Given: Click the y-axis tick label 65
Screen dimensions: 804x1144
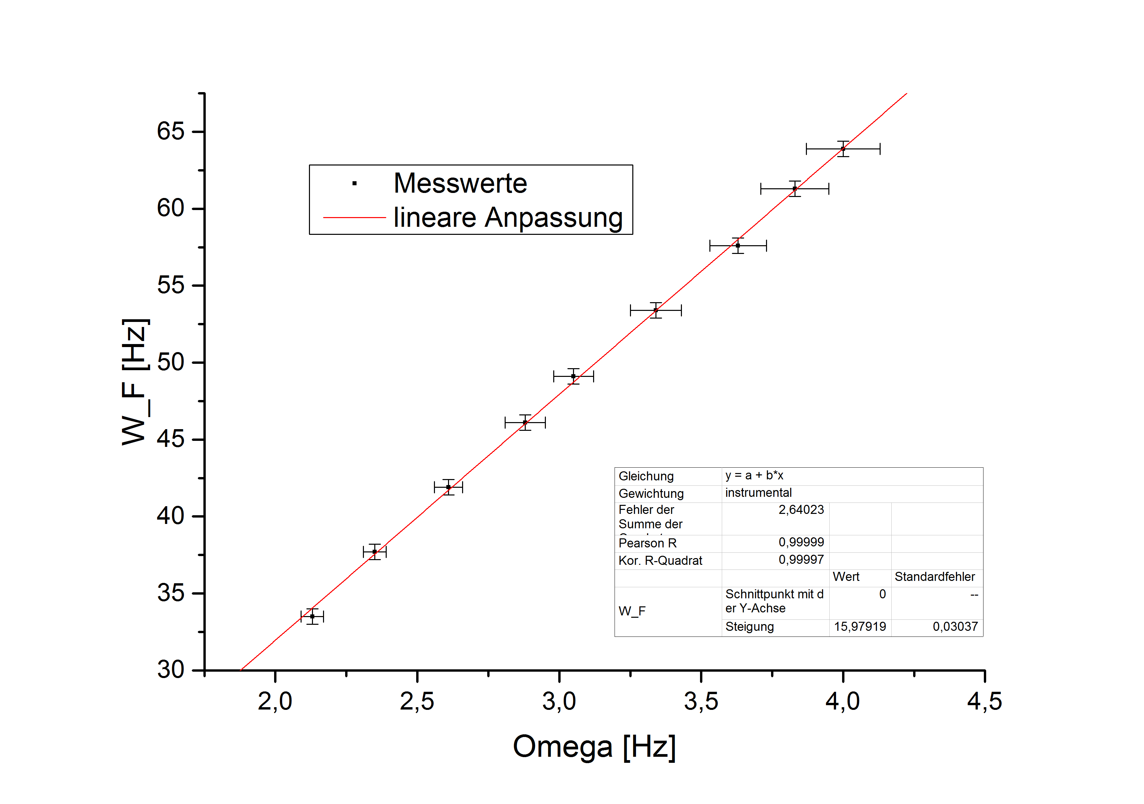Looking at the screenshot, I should [x=171, y=132].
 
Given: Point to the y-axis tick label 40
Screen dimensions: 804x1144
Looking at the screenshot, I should [x=171, y=516].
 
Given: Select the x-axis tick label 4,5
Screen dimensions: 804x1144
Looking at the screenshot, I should [x=984, y=702].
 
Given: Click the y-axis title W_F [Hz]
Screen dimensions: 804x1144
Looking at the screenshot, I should [x=134, y=382].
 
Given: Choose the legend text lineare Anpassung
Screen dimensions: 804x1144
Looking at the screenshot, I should [x=508, y=218].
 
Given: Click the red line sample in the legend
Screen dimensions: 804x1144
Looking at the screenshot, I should [x=354, y=218].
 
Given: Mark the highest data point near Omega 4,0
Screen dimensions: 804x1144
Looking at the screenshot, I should [x=842, y=149].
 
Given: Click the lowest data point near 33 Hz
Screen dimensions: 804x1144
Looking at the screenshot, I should [x=312, y=616].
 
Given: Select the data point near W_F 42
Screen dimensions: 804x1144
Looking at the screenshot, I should [x=448, y=487].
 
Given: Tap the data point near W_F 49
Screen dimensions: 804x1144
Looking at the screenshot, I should [x=573, y=376].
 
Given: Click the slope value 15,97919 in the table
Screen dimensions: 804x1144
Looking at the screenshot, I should [x=860, y=627].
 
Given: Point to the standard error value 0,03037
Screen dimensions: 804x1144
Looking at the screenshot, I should [x=955, y=627].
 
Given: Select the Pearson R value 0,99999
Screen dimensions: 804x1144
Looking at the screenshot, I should [x=801, y=542].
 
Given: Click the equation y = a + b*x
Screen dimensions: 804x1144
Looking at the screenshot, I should [x=754, y=476].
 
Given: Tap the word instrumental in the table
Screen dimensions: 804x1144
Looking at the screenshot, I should [x=758, y=493].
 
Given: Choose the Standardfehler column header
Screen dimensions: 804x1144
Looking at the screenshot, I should [x=935, y=577].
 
